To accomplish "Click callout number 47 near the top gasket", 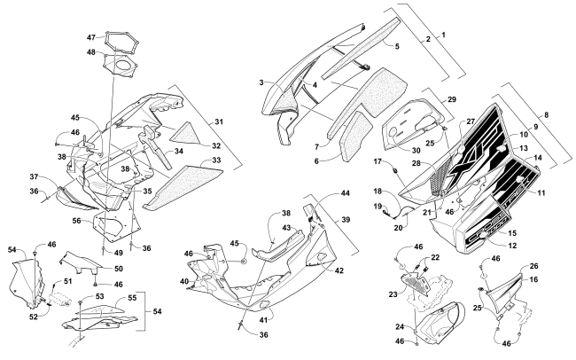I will pos(90,38).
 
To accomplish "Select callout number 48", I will pos(90,52).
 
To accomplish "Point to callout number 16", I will pos(534,279).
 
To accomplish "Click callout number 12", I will pos(511,244).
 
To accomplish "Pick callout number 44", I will pos(344,193).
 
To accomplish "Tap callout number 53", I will pos(98,297).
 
